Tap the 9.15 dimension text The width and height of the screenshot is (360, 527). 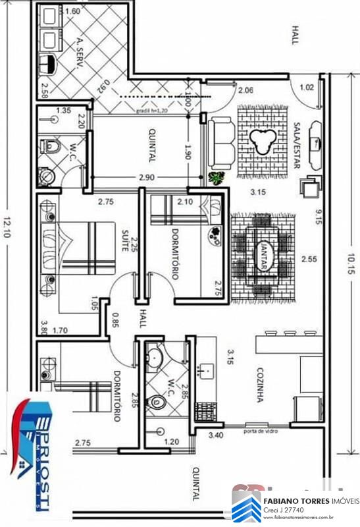click(318, 217)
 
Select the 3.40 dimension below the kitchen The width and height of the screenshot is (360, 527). click(217, 435)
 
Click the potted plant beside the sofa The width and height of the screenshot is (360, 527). click(216, 177)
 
